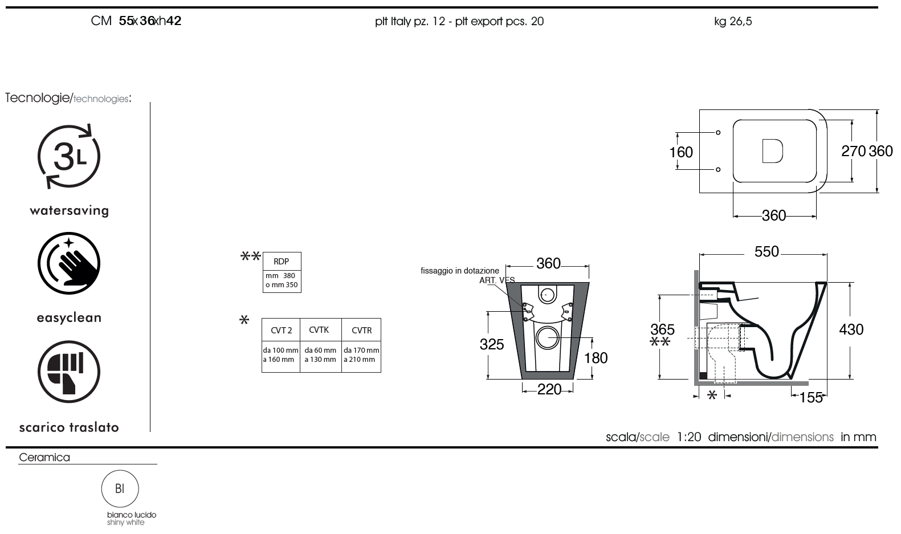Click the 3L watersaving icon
click(x=69, y=156)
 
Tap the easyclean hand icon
click(x=69, y=263)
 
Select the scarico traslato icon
click(x=69, y=372)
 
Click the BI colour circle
click(x=120, y=488)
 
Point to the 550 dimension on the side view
click(x=767, y=252)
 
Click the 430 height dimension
click(x=851, y=330)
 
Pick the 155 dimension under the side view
click(x=811, y=398)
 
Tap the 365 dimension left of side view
click(x=662, y=330)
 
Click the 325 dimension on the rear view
click(x=491, y=345)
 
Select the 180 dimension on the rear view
click(x=596, y=358)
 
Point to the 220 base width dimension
click(x=549, y=389)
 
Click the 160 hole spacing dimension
click(x=681, y=152)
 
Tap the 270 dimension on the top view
click(x=853, y=151)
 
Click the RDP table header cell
click(x=282, y=262)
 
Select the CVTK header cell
click(x=321, y=330)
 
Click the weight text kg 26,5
click(x=733, y=21)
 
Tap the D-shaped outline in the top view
click(x=772, y=151)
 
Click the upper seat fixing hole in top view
click(x=718, y=132)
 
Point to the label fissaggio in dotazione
click(x=460, y=271)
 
